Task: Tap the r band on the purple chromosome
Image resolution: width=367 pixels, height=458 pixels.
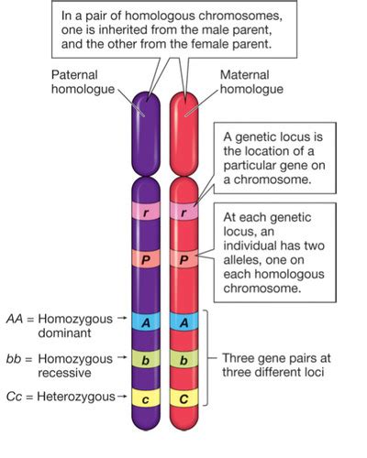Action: coord(143,211)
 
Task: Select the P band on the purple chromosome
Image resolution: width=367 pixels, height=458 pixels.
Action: coord(143,260)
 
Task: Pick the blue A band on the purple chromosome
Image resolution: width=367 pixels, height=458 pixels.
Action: coord(143,321)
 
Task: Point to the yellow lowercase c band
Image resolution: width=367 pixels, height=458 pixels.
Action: coord(143,398)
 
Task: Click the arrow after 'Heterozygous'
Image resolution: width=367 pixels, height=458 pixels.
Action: coord(120,397)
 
